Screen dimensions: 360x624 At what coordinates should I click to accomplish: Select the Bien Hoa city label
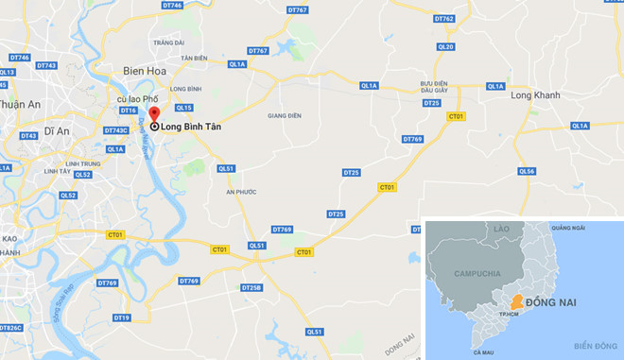(x=144, y=70)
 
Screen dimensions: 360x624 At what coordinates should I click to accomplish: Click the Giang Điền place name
(x=284, y=115)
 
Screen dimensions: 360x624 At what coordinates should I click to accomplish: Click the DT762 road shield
(x=443, y=18)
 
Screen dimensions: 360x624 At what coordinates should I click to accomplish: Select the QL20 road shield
(x=447, y=46)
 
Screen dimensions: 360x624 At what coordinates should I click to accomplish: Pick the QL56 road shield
(x=527, y=171)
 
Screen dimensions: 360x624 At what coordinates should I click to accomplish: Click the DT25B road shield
(x=251, y=287)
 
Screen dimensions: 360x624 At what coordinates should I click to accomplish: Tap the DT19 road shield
(x=121, y=317)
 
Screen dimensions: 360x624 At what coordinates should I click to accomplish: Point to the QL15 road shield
(x=183, y=108)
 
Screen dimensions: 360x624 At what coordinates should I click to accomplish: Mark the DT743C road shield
(x=115, y=130)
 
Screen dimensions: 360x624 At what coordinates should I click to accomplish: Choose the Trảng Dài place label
(x=171, y=43)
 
